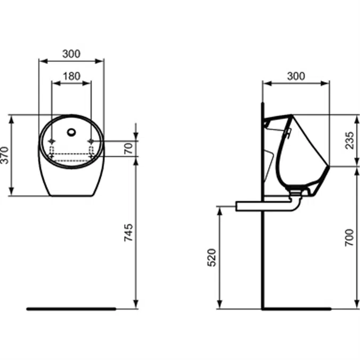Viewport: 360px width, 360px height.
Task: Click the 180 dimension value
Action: pyautogui.click(x=71, y=76)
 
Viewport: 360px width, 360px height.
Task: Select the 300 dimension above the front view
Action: pyautogui.click(x=71, y=54)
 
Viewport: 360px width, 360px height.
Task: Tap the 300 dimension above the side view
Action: pyautogui.click(x=296, y=76)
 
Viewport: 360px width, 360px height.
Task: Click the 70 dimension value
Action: pyautogui.click(x=128, y=148)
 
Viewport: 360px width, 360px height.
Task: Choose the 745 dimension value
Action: pyautogui.click(x=128, y=233)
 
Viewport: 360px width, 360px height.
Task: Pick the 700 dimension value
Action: pyautogui.click(x=349, y=237)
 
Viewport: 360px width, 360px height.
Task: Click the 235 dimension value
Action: pyautogui.click(x=349, y=140)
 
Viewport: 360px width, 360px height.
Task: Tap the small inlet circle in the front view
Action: pyautogui.click(x=71, y=130)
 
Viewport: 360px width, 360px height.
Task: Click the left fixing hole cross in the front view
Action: pyautogui.click(x=52, y=141)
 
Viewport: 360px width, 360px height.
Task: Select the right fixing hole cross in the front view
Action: pyautogui.click(x=91, y=141)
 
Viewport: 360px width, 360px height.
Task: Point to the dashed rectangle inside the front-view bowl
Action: pyautogui.click(x=71, y=156)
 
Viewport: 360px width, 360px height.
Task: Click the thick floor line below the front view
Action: pyautogui.click(x=71, y=308)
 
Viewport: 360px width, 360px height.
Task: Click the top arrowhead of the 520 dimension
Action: pyautogui.click(x=219, y=209)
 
